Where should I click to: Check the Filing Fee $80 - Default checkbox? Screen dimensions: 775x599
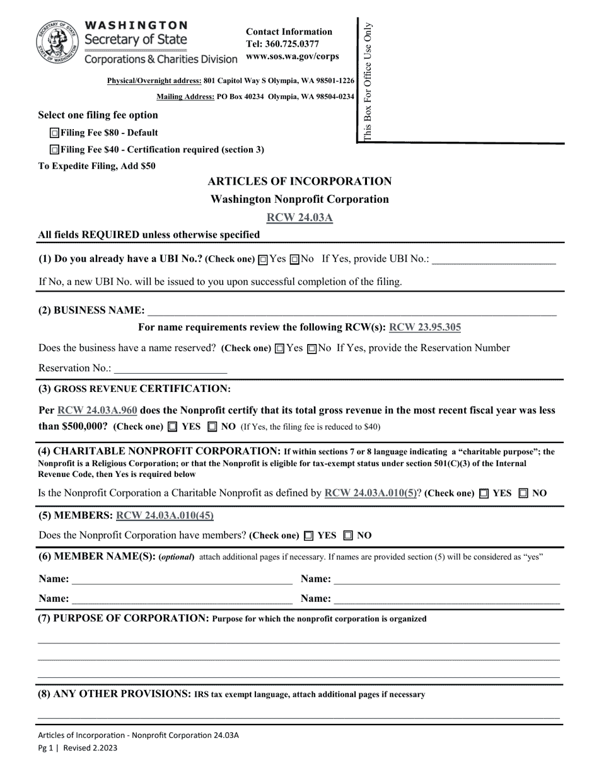(x=55, y=133)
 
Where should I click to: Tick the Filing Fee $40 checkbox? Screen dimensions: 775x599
(x=55, y=150)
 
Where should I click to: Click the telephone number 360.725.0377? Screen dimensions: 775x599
(x=282, y=44)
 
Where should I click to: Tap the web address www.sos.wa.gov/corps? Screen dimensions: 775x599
(x=292, y=56)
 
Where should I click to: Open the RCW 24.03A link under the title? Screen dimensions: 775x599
(x=299, y=217)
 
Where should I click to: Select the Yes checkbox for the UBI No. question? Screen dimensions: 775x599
(x=263, y=259)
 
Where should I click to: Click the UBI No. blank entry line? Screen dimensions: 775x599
(x=494, y=260)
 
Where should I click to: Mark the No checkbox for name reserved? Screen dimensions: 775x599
(x=311, y=348)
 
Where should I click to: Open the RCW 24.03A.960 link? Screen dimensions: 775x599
(x=97, y=410)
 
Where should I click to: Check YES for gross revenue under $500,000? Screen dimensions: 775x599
(x=173, y=427)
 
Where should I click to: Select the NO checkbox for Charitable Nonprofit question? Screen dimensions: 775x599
(x=523, y=493)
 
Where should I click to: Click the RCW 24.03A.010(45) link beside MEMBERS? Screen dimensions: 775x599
(x=165, y=515)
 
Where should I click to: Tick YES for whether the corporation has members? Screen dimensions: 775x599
(x=308, y=536)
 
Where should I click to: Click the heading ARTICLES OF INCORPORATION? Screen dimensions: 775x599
(x=299, y=181)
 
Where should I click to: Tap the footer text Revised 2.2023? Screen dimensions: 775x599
(x=89, y=748)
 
